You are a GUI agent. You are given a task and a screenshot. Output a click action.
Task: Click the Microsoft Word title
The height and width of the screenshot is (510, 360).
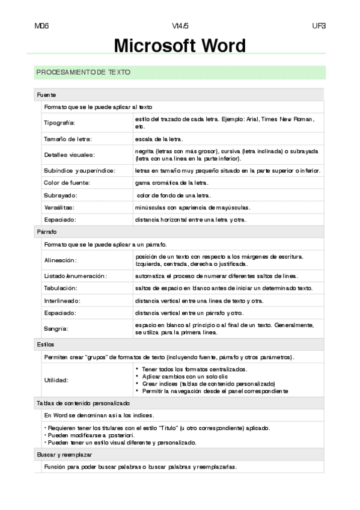(x=180, y=46)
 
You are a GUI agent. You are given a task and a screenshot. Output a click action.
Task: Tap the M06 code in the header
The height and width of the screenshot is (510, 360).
(x=42, y=26)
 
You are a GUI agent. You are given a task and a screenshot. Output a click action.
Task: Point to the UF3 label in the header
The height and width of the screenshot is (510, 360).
(x=319, y=26)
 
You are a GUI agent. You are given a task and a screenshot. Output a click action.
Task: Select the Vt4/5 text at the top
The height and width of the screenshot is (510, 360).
(x=180, y=26)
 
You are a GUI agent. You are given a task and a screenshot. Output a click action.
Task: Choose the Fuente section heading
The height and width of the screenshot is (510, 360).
(x=47, y=95)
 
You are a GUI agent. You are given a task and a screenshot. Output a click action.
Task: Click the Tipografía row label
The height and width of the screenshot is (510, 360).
(x=59, y=123)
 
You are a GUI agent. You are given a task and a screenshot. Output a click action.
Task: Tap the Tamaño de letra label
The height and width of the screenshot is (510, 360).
(x=68, y=139)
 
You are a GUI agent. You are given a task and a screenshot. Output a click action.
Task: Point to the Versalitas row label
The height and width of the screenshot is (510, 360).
(x=59, y=207)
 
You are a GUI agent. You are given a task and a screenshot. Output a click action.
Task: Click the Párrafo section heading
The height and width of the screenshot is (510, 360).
(x=47, y=232)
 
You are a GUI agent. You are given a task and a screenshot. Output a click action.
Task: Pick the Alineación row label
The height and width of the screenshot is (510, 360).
(x=61, y=260)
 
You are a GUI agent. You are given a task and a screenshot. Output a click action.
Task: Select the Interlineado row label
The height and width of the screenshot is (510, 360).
(x=63, y=300)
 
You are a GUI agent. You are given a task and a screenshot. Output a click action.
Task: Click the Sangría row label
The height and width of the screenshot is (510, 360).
(x=56, y=328)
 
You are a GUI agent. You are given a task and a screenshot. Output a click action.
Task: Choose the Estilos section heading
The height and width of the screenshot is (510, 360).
(x=46, y=345)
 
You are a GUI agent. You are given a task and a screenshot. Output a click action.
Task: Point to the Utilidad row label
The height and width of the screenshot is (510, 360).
(x=56, y=379)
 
